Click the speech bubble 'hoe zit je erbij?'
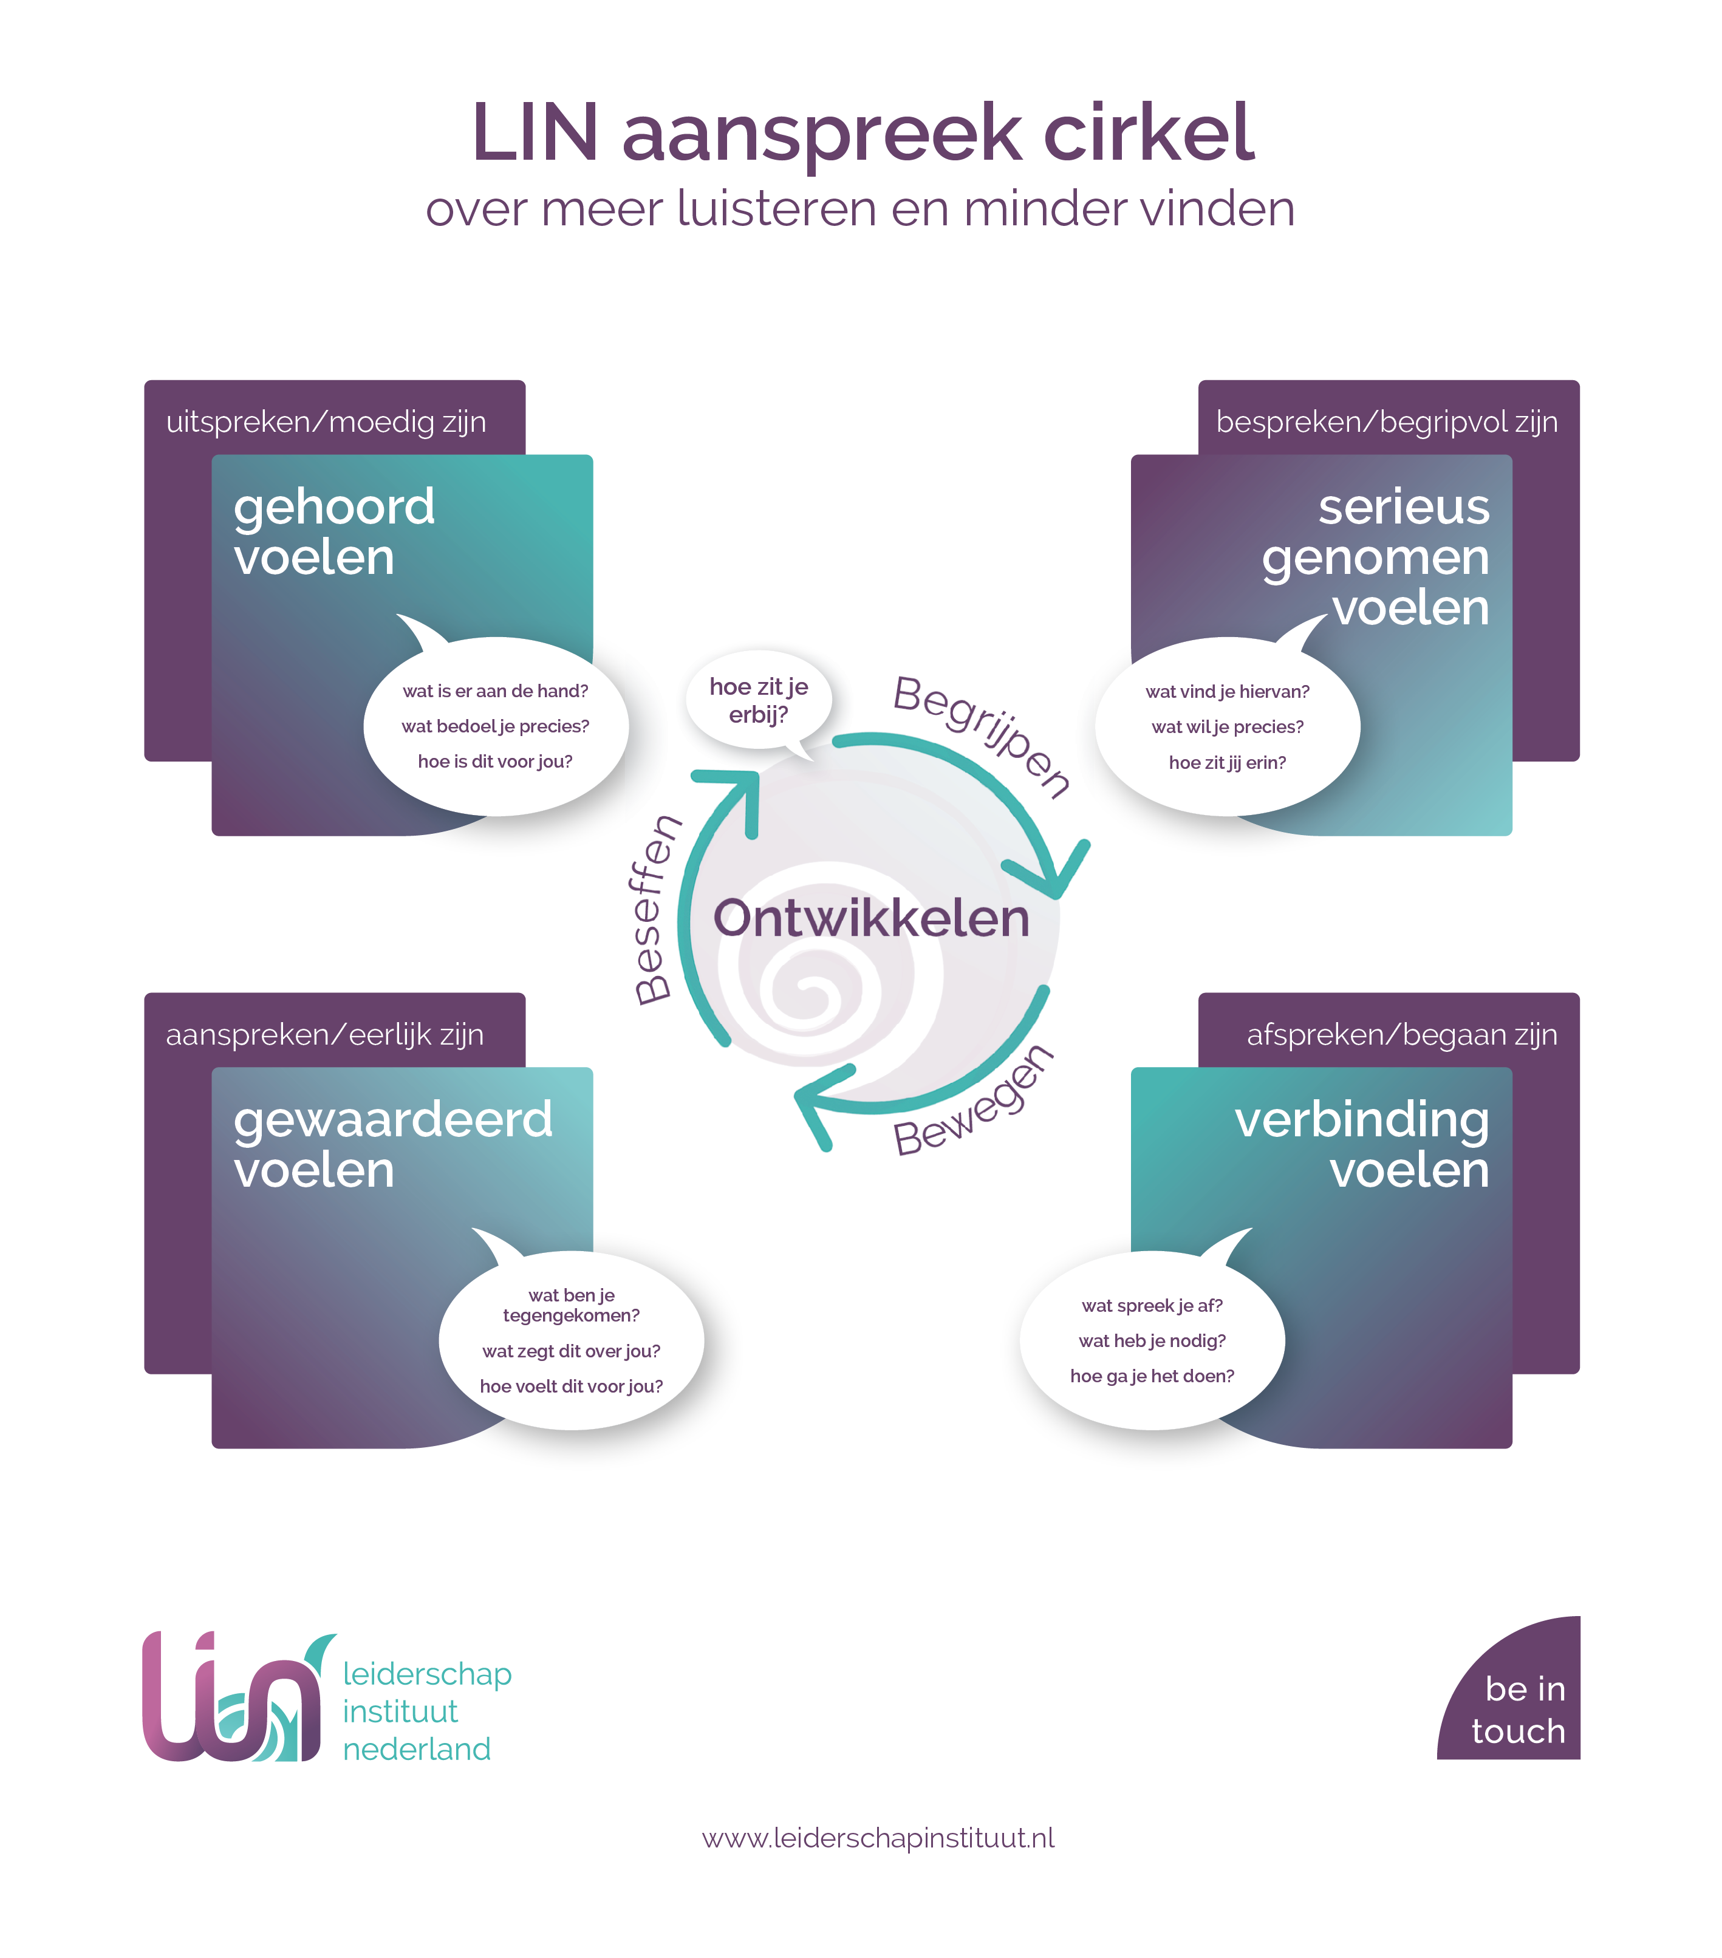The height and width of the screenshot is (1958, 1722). click(758, 700)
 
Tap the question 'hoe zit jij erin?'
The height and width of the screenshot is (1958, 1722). click(1226, 763)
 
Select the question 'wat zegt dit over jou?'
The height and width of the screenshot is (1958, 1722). click(571, 1351)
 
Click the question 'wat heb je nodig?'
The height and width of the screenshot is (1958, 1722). click(1152, 1340)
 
